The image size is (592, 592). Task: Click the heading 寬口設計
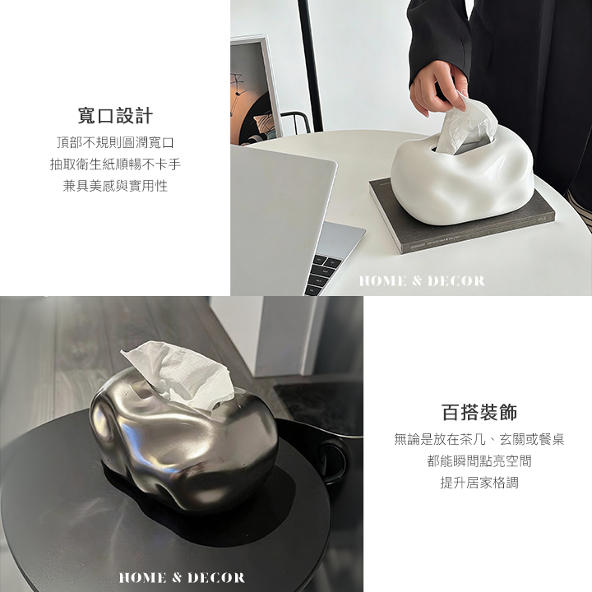[115, 116]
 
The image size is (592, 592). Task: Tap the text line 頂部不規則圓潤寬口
[115, 142]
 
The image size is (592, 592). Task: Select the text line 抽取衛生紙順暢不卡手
[115, 164]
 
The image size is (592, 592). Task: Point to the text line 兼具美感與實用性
[115, 186]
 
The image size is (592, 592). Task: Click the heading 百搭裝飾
[479, 412]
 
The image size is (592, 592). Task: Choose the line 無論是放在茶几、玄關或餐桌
[479, 439]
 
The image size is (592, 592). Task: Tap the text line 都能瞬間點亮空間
[479, 461]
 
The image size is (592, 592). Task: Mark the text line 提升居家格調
[479, 483]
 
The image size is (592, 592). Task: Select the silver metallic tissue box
[184, 438]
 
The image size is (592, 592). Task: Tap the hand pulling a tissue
[438, 88]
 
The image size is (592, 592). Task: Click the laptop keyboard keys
[324, 273]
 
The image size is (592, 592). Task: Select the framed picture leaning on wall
[255, 90]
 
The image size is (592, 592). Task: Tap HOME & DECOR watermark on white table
[422, 281]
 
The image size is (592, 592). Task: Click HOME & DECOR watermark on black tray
[182, 578]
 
